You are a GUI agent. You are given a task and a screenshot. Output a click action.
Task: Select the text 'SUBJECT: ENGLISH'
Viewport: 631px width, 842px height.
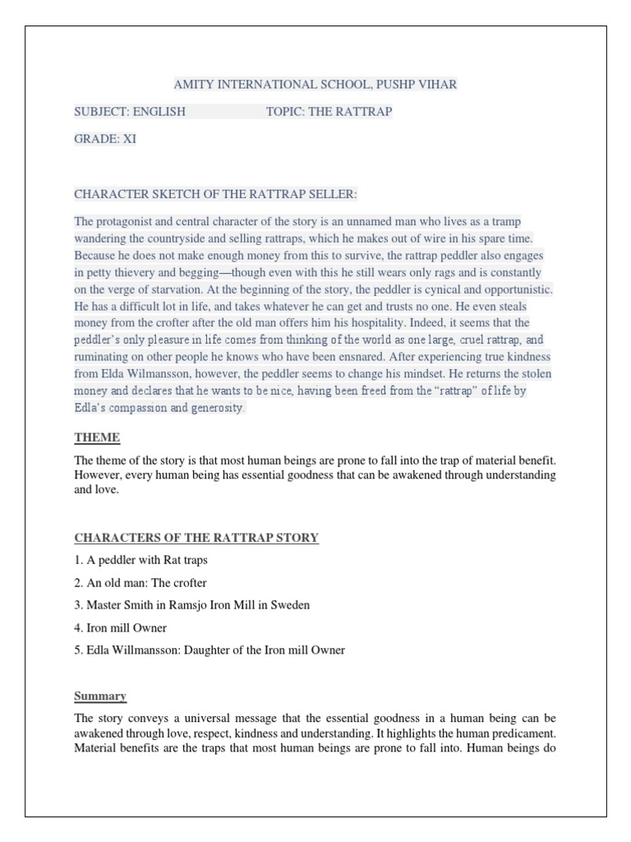(130, 111)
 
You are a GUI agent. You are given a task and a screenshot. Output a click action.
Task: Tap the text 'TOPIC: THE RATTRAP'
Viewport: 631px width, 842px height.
(329, 111)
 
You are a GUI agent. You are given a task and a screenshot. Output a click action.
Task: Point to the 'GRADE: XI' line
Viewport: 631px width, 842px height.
(105, 139)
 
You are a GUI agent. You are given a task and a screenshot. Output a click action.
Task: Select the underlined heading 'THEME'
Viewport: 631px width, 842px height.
(97, 437)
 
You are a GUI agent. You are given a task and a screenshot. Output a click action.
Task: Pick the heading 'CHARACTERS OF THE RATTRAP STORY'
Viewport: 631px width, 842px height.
(196, 538)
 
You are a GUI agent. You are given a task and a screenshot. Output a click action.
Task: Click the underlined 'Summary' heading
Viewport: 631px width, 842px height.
(100, 696)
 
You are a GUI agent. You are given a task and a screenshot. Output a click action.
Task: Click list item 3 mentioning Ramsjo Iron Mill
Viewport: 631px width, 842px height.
(191, 605)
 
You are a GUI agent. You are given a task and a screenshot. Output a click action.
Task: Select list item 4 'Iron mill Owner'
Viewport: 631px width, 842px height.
(121, 627)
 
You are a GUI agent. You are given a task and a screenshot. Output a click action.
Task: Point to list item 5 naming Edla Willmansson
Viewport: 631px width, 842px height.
(210, 650)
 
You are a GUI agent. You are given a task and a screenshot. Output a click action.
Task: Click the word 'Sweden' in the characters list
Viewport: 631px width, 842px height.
(292, 605)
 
